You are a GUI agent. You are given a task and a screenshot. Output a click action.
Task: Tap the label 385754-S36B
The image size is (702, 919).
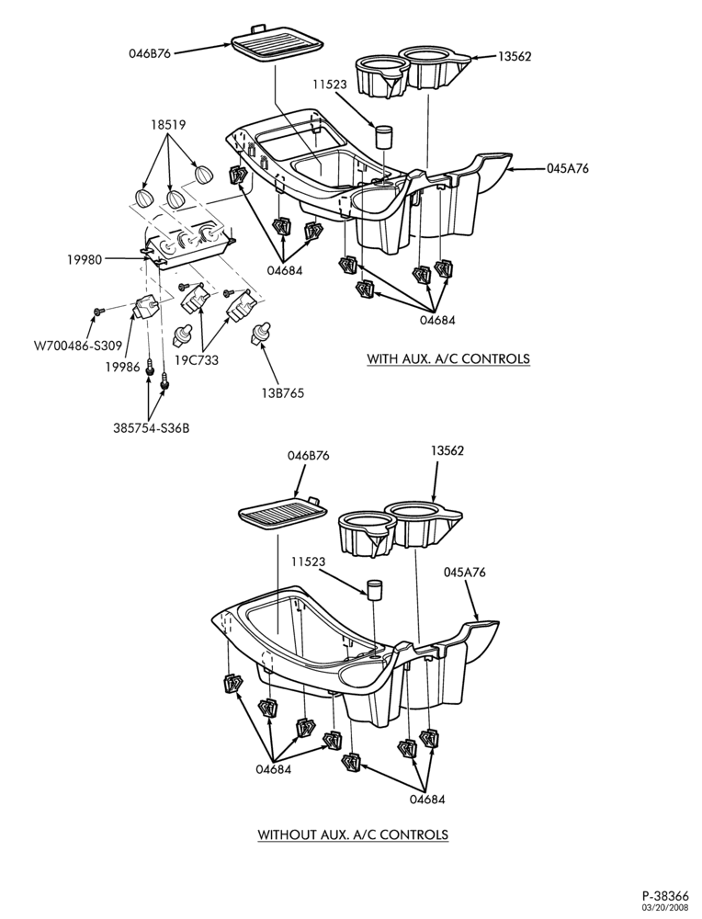point(151,428)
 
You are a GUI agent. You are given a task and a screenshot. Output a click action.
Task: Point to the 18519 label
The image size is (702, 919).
point(168,124)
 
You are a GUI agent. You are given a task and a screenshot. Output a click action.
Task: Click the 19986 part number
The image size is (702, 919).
point(122,368)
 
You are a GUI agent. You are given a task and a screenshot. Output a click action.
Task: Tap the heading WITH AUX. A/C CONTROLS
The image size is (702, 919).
point(448,358)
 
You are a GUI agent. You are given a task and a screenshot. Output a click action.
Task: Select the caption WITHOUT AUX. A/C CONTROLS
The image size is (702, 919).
point(354,834)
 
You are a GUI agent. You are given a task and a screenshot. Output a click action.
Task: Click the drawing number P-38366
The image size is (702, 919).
point(665,896)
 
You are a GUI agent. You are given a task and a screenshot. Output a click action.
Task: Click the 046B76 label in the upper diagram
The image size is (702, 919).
point(150,53)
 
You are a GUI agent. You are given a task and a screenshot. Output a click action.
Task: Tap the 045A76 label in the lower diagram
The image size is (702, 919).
point(464,572)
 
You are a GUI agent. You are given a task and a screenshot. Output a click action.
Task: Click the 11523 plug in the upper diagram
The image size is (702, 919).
point(383,137)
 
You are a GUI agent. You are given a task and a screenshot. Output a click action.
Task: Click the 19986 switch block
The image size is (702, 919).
point(144,306)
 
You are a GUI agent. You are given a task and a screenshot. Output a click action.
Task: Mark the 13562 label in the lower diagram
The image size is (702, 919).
point(447,450)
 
